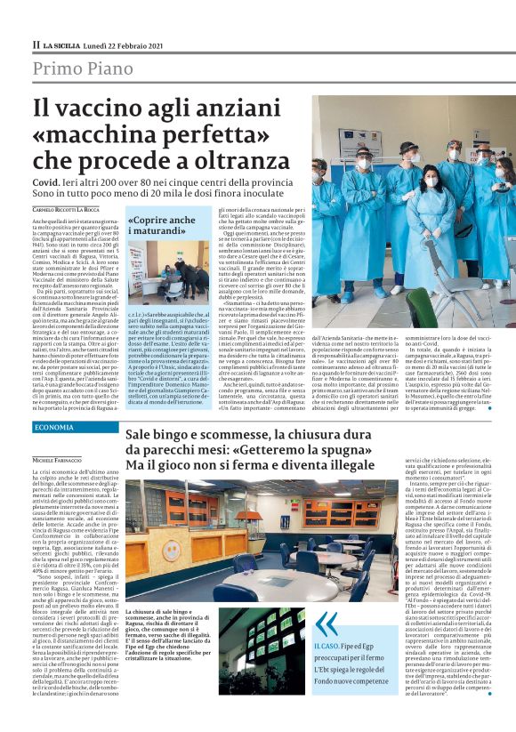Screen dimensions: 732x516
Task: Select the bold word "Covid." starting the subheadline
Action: (49, 179)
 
